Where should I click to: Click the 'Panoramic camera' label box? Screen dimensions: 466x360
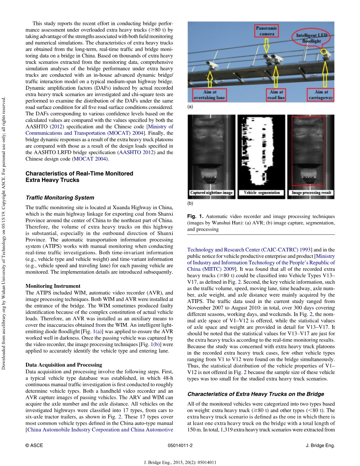tap(267, 31)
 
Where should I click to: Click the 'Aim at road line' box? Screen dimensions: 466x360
tap(277, 95)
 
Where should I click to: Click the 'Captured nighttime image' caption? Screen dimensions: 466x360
tap(211, 193)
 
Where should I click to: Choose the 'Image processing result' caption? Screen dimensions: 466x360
tap(311, 193)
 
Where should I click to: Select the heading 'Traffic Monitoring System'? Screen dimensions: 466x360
tap(60, 197)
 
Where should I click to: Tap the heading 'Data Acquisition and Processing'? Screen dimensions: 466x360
tap(64, 365)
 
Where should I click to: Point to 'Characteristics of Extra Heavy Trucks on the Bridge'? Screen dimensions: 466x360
tap(256, 394)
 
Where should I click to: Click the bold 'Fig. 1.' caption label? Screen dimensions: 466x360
tap(195, 216)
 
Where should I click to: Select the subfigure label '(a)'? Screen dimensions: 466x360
tap(190, 107)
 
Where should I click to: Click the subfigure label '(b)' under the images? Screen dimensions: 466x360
tap(190, 203)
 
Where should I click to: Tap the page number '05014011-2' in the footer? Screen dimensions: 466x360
tap(180, 446)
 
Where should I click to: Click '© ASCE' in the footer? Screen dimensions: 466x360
tap(34, 446)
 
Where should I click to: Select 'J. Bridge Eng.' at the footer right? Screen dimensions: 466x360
tap(320, 446)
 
